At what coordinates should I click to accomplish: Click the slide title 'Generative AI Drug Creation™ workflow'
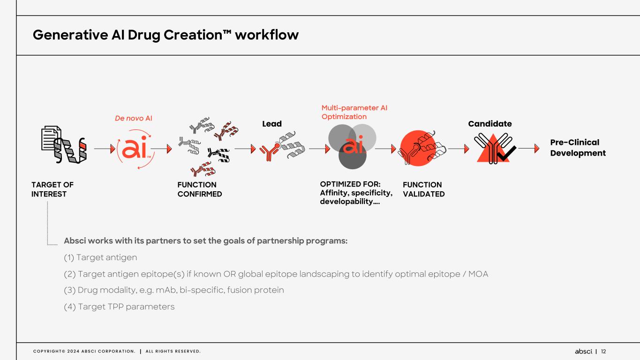pyautogui.click(x=166, y=35)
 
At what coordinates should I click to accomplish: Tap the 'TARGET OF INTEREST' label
pyautogui.click(x=53, y=189)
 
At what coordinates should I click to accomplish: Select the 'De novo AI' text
pyautogui.click(x=134, y=119)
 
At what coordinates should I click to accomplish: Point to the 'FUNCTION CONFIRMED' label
pyautogui.click(x=199, y=189)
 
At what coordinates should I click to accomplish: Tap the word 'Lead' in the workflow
pyautogui.click(x=272, y=124)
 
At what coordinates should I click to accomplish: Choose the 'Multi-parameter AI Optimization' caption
pyautogui.click(x=354, y=112)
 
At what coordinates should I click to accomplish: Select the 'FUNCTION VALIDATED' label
pyautogui.click(x=423, y=189)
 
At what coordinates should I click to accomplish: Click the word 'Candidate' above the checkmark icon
pyautogui.click(x=490, y=124)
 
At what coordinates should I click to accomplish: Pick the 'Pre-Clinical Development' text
pyautogui.click(x=578, y=148)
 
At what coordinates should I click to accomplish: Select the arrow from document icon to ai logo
pyautogui.click(x=105, y=149)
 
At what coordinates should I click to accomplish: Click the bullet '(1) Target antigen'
pyautogui.click(x=100, y=258)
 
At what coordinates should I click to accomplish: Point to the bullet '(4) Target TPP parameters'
pyautogui.click(x=119, y=307)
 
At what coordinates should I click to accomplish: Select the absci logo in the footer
pyautogui.click(x=584, y=352)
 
